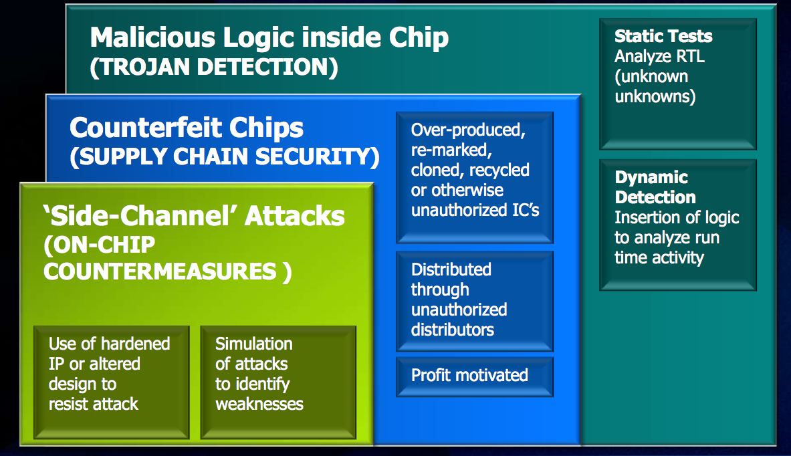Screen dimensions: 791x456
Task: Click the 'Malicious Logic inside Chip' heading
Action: tap(269, 38)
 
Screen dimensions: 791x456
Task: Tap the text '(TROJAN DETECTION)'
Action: tap(214, 67)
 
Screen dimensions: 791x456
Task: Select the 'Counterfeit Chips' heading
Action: tap(187, 128)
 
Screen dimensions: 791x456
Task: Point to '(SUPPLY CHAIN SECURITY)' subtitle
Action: tap(225, 156)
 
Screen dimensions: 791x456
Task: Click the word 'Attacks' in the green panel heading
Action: tap(295, 216)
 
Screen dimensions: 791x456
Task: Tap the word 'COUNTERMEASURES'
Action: tap(160, 271)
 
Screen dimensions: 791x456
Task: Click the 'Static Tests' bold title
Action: tap(663, 36)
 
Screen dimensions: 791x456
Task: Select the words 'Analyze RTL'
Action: tap(659, 56)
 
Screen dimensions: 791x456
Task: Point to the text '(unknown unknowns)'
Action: tap(655, 86)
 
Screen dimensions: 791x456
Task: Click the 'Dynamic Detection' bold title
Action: tap(655, 187)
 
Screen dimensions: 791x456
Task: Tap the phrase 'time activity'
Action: tap(659, 258)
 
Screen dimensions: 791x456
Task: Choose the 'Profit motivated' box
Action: tap(475, 377)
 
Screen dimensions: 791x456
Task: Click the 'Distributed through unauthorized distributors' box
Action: tap(475, 301)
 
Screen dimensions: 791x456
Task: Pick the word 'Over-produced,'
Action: tap(468, 130)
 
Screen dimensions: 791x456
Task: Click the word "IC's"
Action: tap(526, 211)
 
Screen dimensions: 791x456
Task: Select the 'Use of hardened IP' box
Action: tap(112, 382)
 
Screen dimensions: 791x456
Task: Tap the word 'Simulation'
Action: tap(253, 344)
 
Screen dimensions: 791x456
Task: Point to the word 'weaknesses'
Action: tap(259, 404)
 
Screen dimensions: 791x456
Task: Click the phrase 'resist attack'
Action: tap(94, 404)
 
